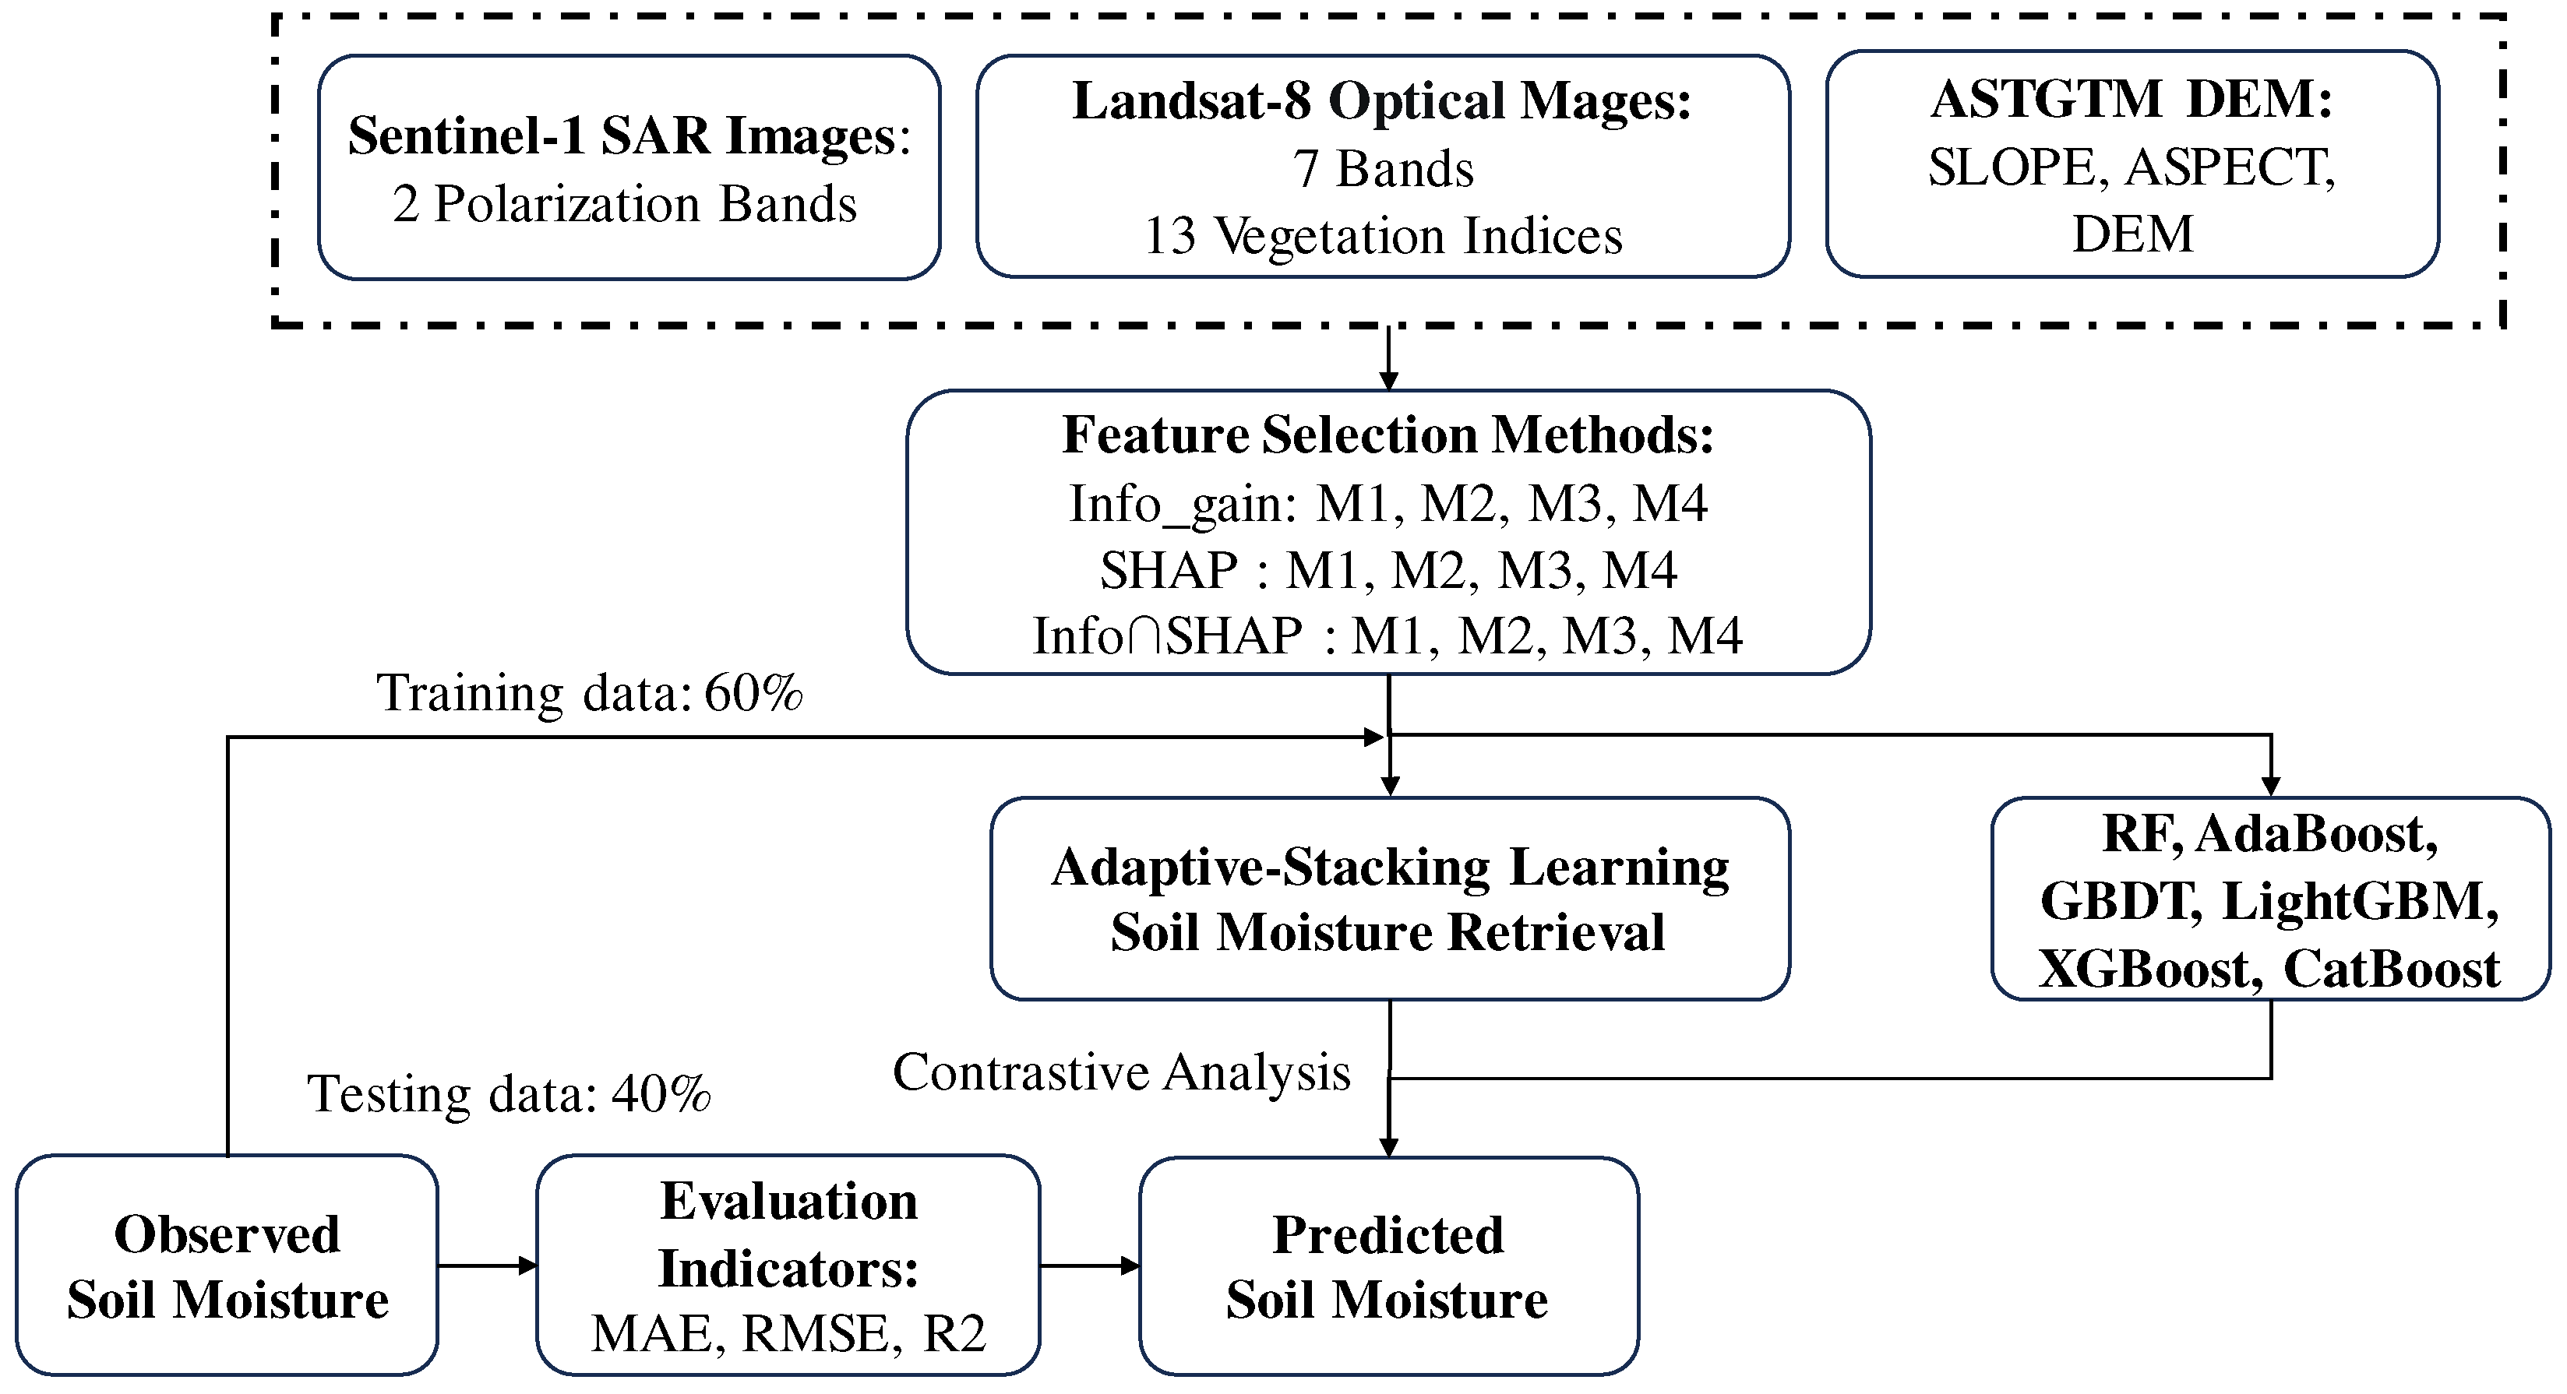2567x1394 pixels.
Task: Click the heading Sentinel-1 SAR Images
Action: pos(626,136)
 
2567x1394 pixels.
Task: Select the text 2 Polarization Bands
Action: pos(625,204)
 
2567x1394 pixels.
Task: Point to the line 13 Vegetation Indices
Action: pos(1383,236)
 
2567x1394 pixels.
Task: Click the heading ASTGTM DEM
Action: pos(2132,100)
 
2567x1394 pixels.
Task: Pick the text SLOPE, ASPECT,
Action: pos(2132,167)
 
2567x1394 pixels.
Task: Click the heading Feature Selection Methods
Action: pos(1388,435)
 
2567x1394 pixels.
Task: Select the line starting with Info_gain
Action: pos(1388,503)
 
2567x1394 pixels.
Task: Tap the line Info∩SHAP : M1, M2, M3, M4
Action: pos(1388,635)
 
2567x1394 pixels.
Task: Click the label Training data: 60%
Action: pos(589,692)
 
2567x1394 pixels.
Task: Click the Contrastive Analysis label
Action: pos(1121,1073)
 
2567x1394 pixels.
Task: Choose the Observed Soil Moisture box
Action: pos(227,1266)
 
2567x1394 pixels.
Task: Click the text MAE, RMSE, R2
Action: pos(788,1334)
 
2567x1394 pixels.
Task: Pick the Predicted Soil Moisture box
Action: pos(1388,1266)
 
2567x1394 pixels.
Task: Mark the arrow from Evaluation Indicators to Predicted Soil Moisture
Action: pos(1089,1266)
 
